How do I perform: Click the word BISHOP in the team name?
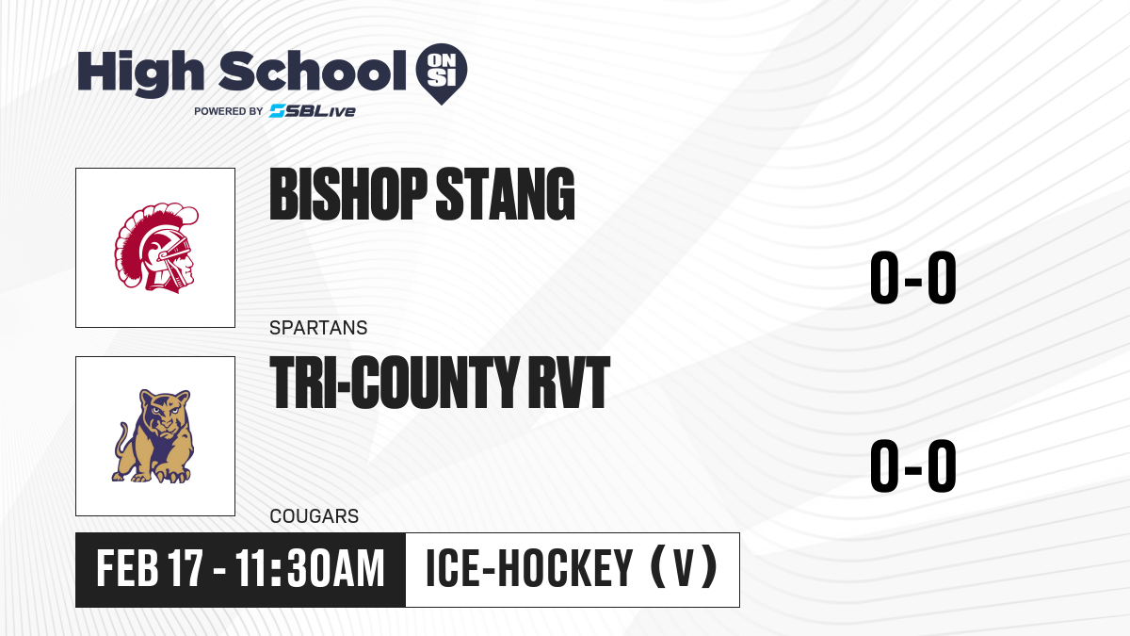[x=348, y=194]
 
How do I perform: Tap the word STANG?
[x=505, y=194]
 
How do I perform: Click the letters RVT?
[x=569, y=383]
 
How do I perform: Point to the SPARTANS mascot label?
[x=318, y=328]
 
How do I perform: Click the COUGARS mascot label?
[x=315, y=516]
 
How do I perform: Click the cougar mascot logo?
[x=153, y=436]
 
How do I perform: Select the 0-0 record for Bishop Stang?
[x=913, y=278]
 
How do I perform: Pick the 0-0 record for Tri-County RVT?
[x=913, y=465]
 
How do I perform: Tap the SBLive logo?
[x=313, y=111]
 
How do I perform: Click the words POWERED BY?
[x=229, y=111]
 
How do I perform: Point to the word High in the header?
[x=140, y=73]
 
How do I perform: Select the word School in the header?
[x=313, y=71]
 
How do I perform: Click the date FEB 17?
[x=150, y=569]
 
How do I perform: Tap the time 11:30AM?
[x=310, y=569]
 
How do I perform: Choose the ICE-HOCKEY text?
[x=529, y=569]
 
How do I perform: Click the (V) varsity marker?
[x=685, y=568]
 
